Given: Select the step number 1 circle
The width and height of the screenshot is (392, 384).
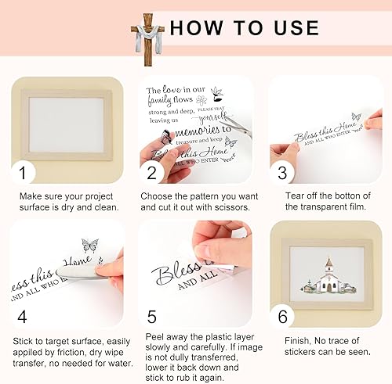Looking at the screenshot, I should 25,170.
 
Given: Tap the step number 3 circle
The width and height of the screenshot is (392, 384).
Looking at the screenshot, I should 284,170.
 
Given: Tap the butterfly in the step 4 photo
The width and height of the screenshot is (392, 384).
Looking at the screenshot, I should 89,246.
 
